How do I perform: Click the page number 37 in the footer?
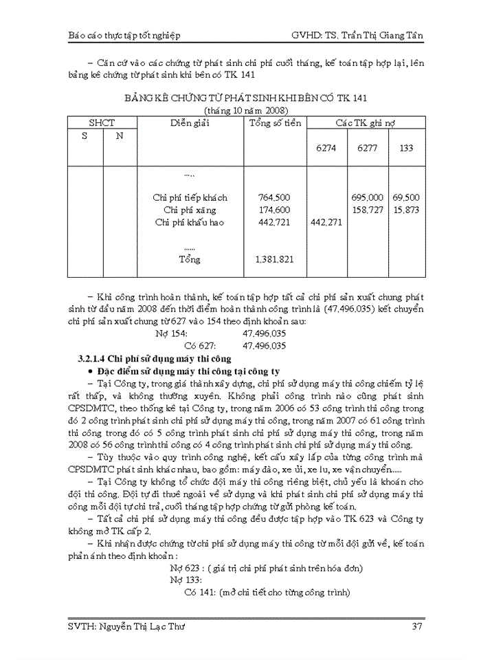pyautogui.click(x=416, y=626)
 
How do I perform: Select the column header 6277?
pyautogui.click(x=366, y=148)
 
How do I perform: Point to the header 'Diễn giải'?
pyautogui.click(x=190, y=123)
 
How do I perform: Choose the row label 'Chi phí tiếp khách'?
pyautogui.click(x=190, y=197)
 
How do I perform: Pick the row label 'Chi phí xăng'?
pyautogui.click(x=190, y=210)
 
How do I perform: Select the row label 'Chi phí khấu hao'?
pyautogui.click(x=190, y=222)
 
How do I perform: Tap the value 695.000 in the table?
pyautogui.click(x=366, y=197)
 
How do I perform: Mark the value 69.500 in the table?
pyautogui.click(x=406, y=197)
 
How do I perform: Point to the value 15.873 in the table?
pyautogui.click(x=406, y=210)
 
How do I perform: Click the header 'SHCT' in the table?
pyautogui.click(x=102, y=123)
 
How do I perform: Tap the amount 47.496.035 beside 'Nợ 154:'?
pyautogui.click(x=265, y=333)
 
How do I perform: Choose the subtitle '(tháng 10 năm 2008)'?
pyautogui.click(x=246, y=111)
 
